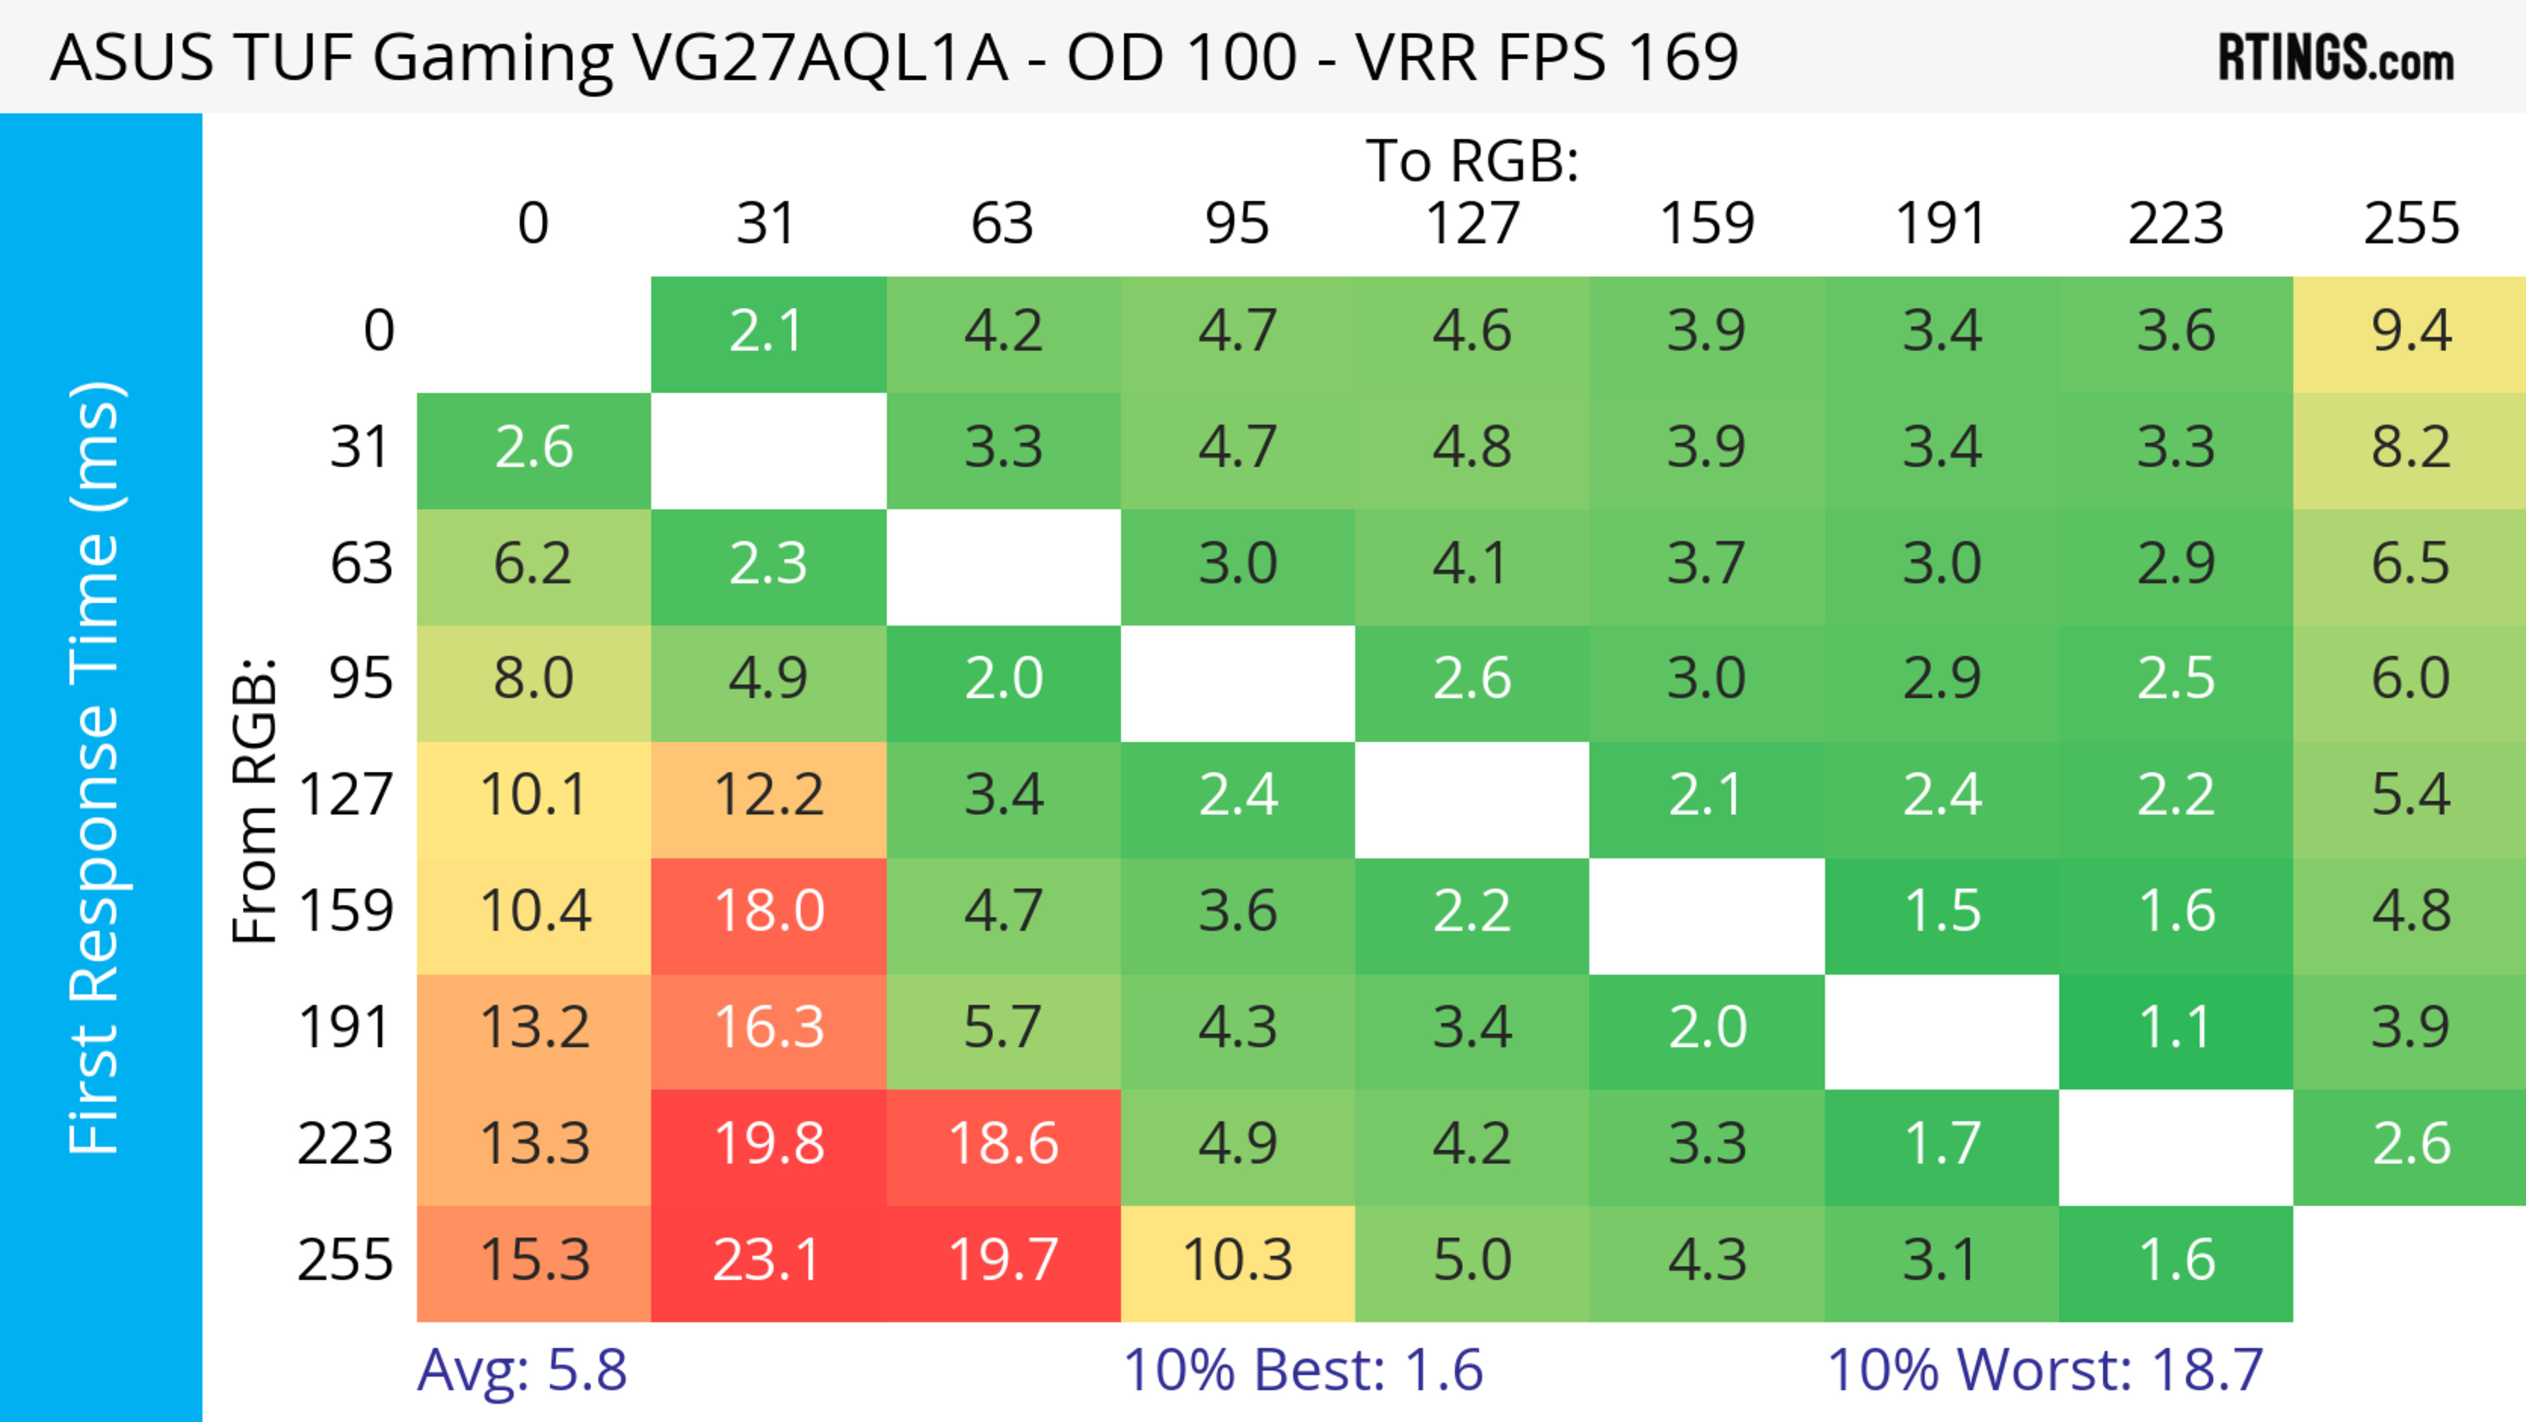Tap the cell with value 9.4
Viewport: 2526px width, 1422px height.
pyautogui.click(x=2410, y=332)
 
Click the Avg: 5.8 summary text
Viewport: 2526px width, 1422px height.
pyautogui.click(x=522, y=1370)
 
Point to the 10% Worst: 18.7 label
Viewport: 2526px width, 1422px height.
pyautogui.click(x=2044, y=1370)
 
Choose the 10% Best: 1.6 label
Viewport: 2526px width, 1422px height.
pyautogui.click(x=1302, y=1370)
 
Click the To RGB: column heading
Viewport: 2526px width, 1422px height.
pyautogui.click(x=1472, y=161)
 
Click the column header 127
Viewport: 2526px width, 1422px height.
pyautogui.click(x=1472, y=224)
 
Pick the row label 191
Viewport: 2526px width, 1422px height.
pyautogui.click(x=345, y=1028)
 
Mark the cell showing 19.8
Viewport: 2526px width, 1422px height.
pyautogui.click(x=768, y=1144)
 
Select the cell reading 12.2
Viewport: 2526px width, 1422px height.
pyautogui.click(x=768, y=796)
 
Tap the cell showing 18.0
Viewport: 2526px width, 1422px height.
pyautogui.click(x=768, y=912)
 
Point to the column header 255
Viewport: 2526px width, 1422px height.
pyautogui.click(x=2410, y=224)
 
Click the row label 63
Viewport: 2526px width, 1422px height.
pyautogui.click(x=361, y=564)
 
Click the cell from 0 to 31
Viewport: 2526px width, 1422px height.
pyautogui.click(x=768, y=332)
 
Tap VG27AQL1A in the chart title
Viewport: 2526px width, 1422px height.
pyautogui.click(x=820, y=58)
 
